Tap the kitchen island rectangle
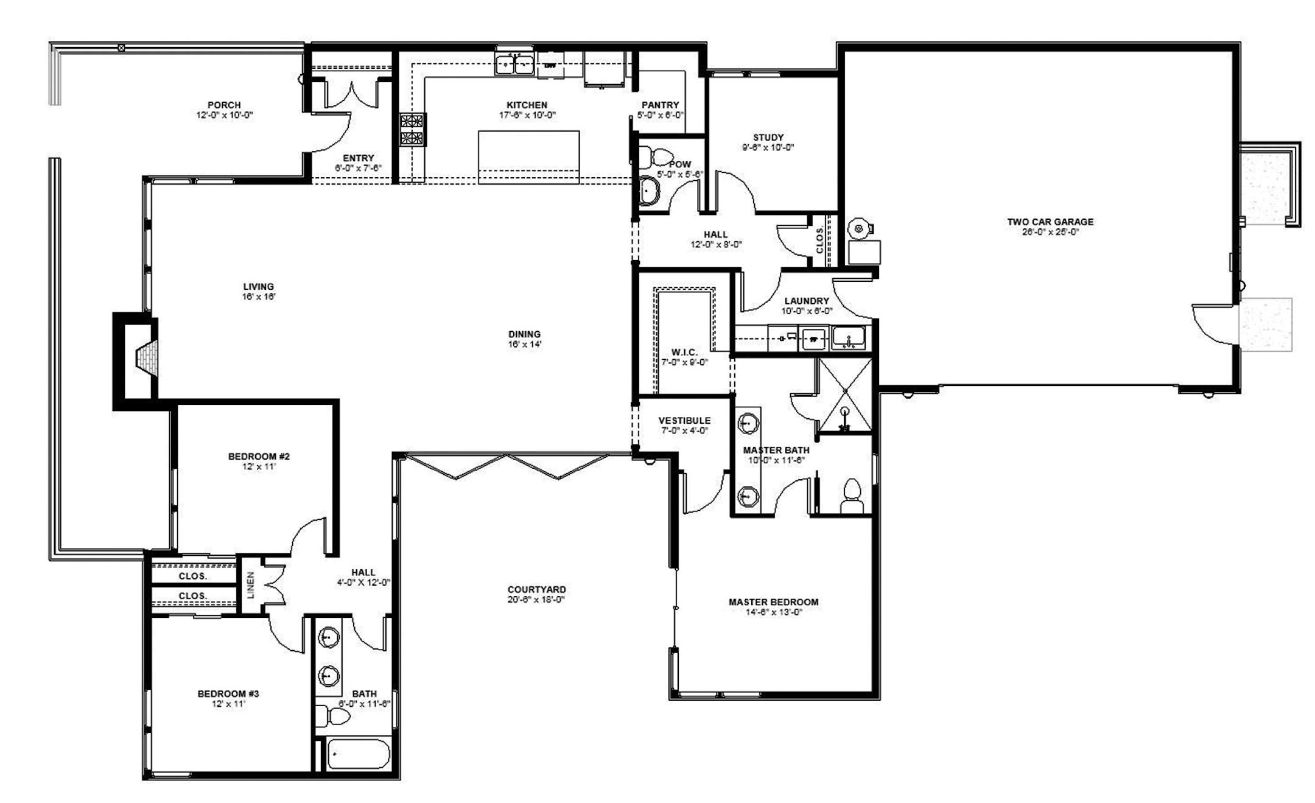click(x=528, y=156)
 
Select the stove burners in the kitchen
click(x=412, y=129)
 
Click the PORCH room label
click(x=224, y=105)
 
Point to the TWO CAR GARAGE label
click(x=1050, y=222)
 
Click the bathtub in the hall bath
click(x=358, y=755)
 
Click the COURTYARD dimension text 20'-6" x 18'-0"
click(x=536, y=600)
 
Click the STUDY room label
click(x=768, y=138)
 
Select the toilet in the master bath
click(x=852, y=497)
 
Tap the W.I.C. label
click(x=684, y=352)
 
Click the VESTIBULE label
click(x=684, y=421)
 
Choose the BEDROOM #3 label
click(x=228, y=694)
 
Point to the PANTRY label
click(x=660, y=105)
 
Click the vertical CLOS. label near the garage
click(x=819, y=240)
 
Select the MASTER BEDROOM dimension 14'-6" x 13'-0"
click(x=773, y=612)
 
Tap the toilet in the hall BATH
click(x=334, y=717)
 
